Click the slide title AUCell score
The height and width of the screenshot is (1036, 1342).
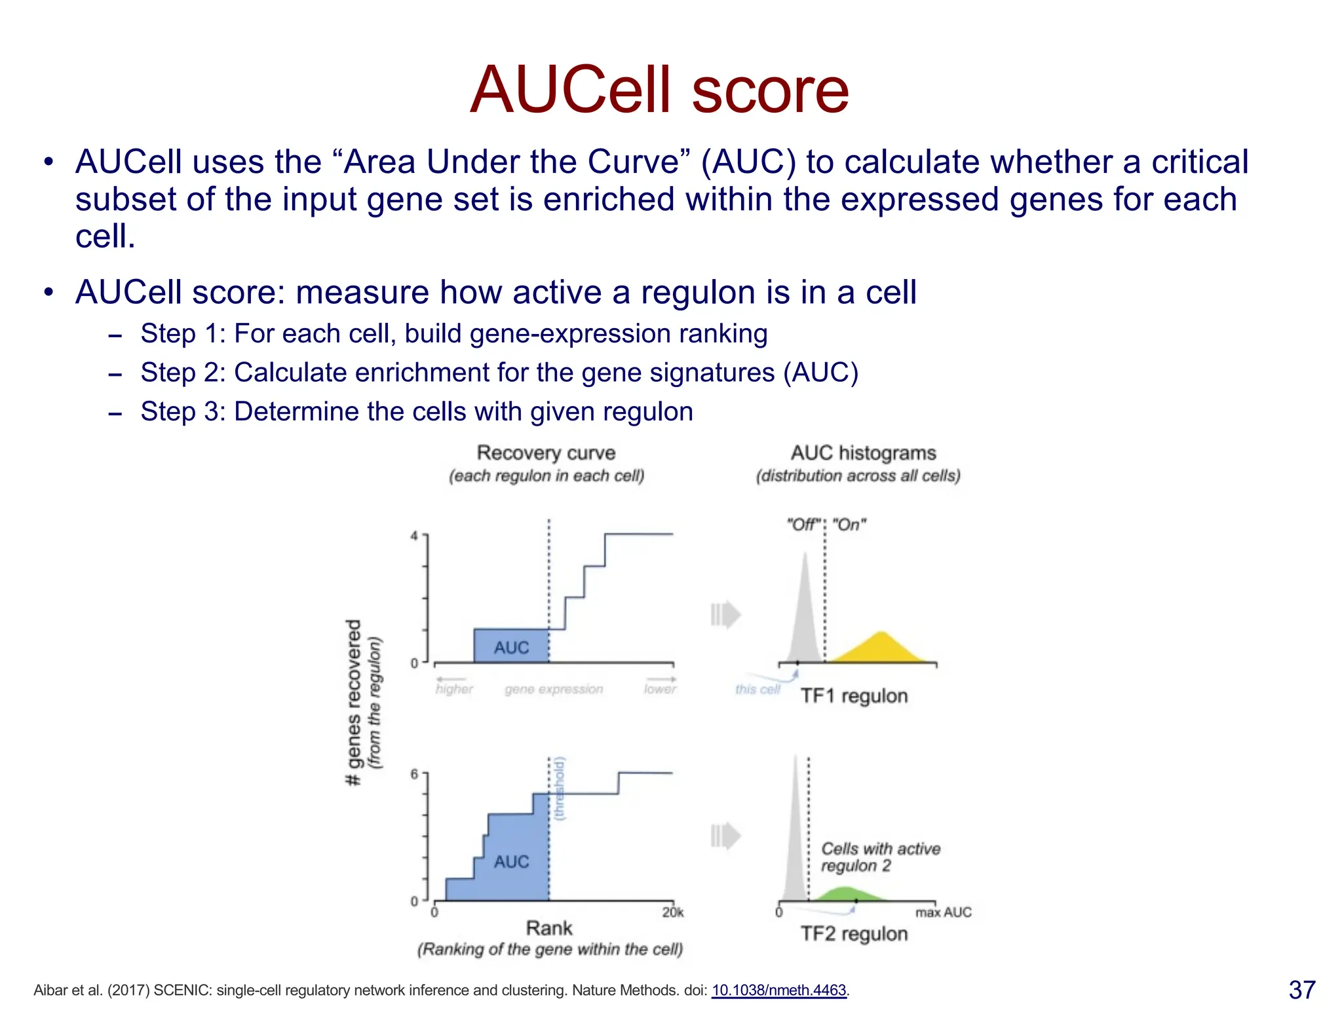(659, 90)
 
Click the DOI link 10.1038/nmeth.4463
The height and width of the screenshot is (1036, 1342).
(779, 990)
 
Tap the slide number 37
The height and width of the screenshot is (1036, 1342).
(1301, 990)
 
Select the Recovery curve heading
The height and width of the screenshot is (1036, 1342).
(546, 453)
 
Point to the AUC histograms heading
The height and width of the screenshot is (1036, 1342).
(863, 453)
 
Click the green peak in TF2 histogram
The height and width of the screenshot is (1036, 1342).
(845, 893)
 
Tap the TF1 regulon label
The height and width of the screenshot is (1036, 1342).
(854, 695)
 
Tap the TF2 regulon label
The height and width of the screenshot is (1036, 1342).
(854, 933)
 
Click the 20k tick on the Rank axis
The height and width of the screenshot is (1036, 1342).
(672, 912)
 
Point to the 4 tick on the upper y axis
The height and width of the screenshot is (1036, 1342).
(414, 536)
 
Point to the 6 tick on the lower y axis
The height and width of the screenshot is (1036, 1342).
(414, 775)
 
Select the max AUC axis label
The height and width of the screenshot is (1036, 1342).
(943, 912)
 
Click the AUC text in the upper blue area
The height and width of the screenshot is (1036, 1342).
(511, 648)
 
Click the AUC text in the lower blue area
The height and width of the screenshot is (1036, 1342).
(511, 862)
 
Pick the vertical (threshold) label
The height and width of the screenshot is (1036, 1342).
(559, 789)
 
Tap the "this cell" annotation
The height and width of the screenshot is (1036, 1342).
(757, 689)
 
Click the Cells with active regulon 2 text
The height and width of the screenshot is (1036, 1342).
(879, 857)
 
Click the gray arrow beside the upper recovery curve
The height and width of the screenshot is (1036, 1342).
(725, 614)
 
